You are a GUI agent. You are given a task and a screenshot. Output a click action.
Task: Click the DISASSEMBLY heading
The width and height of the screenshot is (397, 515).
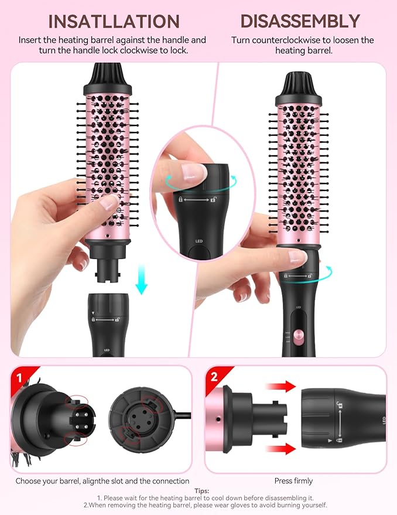pyautogui.click(x=300, y=21)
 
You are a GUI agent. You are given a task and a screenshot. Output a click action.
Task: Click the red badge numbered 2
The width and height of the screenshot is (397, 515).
pyautogui.click(x=214, y=377)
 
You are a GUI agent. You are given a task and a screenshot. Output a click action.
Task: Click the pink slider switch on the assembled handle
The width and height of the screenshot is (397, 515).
pyautogui.click(x=299, y=336)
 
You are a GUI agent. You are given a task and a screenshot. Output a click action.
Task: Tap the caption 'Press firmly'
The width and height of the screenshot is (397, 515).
pyautogui.click(x=294, y=481)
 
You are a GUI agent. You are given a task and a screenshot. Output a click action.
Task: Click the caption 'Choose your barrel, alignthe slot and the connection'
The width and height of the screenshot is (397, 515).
pyautogui.click(x=102, y=481)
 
